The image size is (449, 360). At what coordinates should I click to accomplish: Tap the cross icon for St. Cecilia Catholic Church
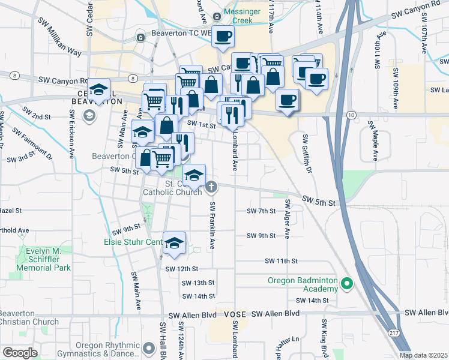click(x=211, y=188)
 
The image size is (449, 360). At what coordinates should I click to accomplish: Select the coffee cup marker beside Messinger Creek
click(x=223, y=37)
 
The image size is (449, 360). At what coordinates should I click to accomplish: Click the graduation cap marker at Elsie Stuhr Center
click(x=174, y=242)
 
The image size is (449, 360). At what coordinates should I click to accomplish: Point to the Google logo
click(x=19, y=352)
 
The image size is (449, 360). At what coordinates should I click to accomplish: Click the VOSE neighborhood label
click(x=235, y=314)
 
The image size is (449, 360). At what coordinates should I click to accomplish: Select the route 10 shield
click(x=352, y=115)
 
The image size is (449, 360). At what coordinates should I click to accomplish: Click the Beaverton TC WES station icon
click(x=140, y=38)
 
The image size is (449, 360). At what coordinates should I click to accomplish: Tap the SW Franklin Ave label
click(x=212, y=225)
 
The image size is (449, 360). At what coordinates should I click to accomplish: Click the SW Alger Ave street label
click(x=287, y=219)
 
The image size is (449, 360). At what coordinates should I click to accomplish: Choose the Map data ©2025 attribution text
click(x=423, y=355)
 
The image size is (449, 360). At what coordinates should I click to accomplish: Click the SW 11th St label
click(x=282, y=261)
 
